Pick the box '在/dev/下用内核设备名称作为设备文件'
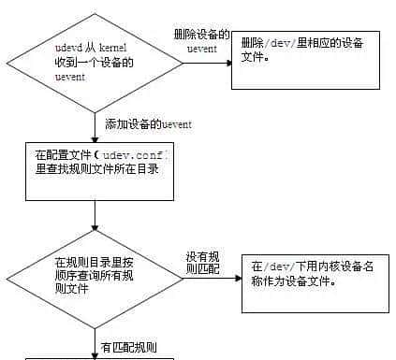(315, 282)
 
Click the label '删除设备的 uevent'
(201, 39)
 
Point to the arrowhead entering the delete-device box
(227, 63)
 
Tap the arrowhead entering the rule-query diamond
(95, 227)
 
